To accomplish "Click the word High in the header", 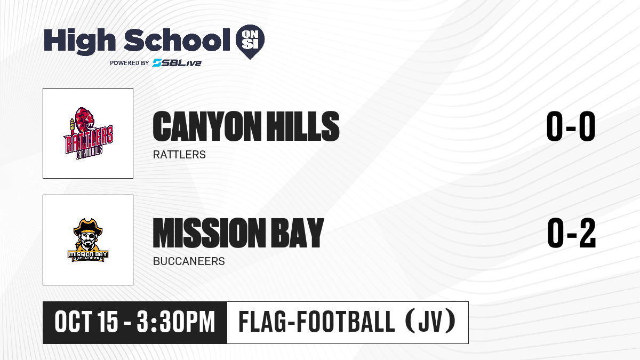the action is click(79, 41).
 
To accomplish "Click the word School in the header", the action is click(177, 39).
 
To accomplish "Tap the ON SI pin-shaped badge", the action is click(250, 42).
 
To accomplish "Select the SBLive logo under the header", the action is click(177, 63).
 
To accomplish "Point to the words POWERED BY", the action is click(130, 63).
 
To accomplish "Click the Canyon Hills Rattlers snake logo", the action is click(89, 133).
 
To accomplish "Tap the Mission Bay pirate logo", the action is click(88, 240).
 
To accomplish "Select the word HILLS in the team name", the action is click(303, 126).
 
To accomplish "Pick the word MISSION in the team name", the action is click(209, 233).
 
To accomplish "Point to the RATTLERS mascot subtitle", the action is click(179, 155).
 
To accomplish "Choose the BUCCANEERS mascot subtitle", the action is click(189, 261).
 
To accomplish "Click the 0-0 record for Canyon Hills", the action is click(571, 126).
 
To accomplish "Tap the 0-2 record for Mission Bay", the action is click(571, 233).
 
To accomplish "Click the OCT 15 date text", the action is click(86, 322).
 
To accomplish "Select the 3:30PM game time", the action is click(175, 322).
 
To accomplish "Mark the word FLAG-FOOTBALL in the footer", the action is click(317, 322).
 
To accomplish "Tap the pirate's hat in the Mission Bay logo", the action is click(88, 226).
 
